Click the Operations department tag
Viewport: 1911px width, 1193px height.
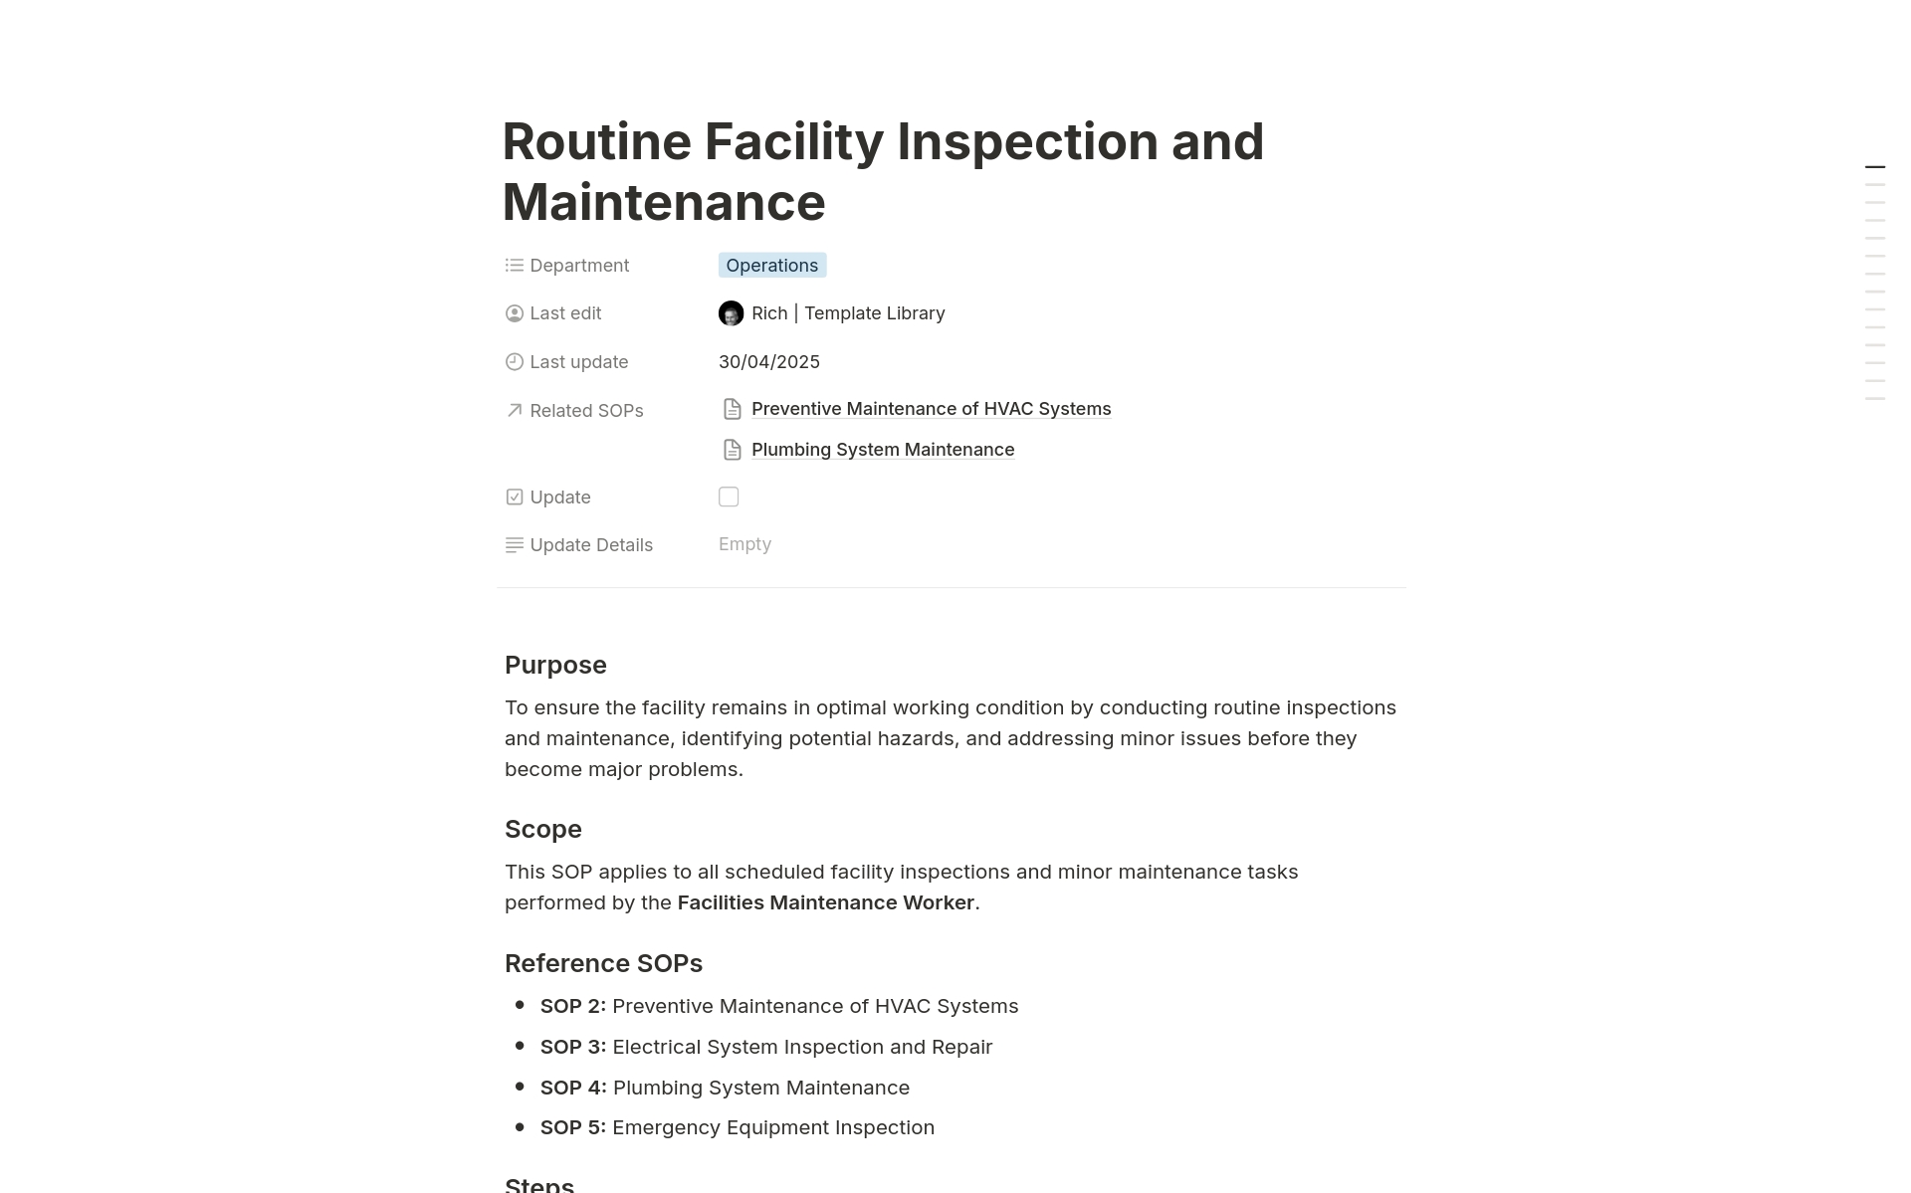click(x=771, y=266)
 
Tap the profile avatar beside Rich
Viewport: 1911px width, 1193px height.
click(x=731, y=313)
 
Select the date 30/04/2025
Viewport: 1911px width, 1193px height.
click(x=768, y=362)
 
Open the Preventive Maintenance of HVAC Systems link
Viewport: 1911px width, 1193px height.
click(x=931, y=409)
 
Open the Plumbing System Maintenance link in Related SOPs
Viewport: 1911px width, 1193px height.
click(x=882, y=450)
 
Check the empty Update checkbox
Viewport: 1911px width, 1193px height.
click(x=729, y=497)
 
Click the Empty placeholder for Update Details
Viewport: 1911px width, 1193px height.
click(x=744, y=544)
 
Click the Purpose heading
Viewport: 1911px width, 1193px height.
click(x=555, y=665)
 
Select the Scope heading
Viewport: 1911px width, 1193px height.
click(x=542, y=829)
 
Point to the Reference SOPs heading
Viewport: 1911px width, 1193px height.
click(x=603, y=963)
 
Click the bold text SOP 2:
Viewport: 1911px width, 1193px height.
click(x=572, y=1006)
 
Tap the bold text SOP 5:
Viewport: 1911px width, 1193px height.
click(x=572, y=1127)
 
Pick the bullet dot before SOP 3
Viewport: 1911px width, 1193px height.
click(x=520, y=1046)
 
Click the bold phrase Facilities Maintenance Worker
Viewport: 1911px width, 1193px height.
click(x=825, y=902)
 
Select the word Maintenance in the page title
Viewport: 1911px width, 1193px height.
click(x=664, y=202)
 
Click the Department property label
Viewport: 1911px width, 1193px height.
click(x=579, y=266)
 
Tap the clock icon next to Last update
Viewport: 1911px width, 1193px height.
click(x=515, y=362)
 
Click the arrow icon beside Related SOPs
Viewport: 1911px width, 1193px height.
click(x=515, y=410)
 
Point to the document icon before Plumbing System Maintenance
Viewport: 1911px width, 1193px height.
click(x=733, y=450)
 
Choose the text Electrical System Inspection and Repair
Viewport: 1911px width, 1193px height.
click(x=802, y=1047)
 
